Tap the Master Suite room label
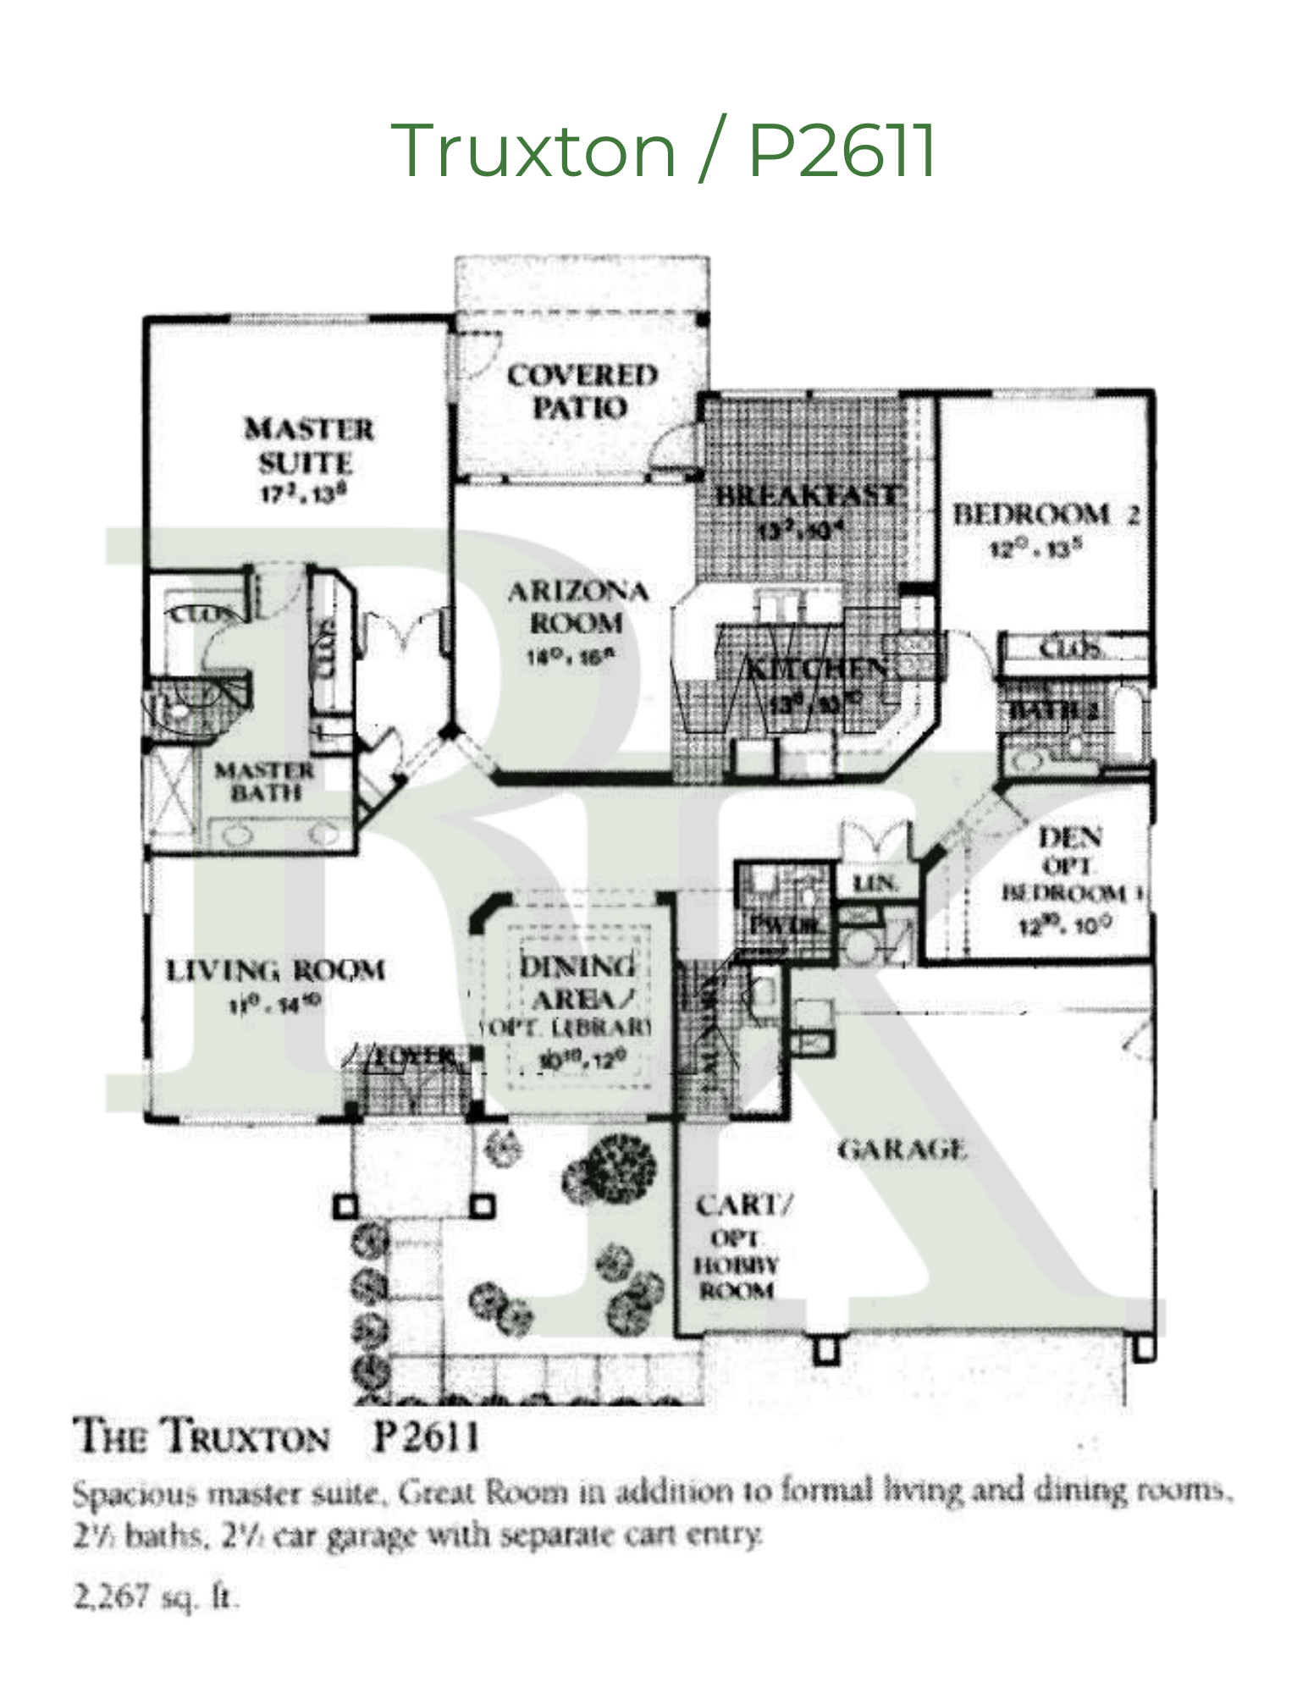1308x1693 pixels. (308, 446)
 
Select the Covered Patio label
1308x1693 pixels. (582, 391)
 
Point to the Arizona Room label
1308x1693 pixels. (577, 607)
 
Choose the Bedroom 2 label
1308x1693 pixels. (1046, 514)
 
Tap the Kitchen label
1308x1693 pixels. (816, 669)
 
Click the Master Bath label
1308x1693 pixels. (265, 781)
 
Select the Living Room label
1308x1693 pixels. (275, 970)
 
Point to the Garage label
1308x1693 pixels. (902, 1150)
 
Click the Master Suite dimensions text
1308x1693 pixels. (304, 494)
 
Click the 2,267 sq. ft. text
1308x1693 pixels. (157, 1597)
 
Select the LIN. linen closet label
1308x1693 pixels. (875, 884)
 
